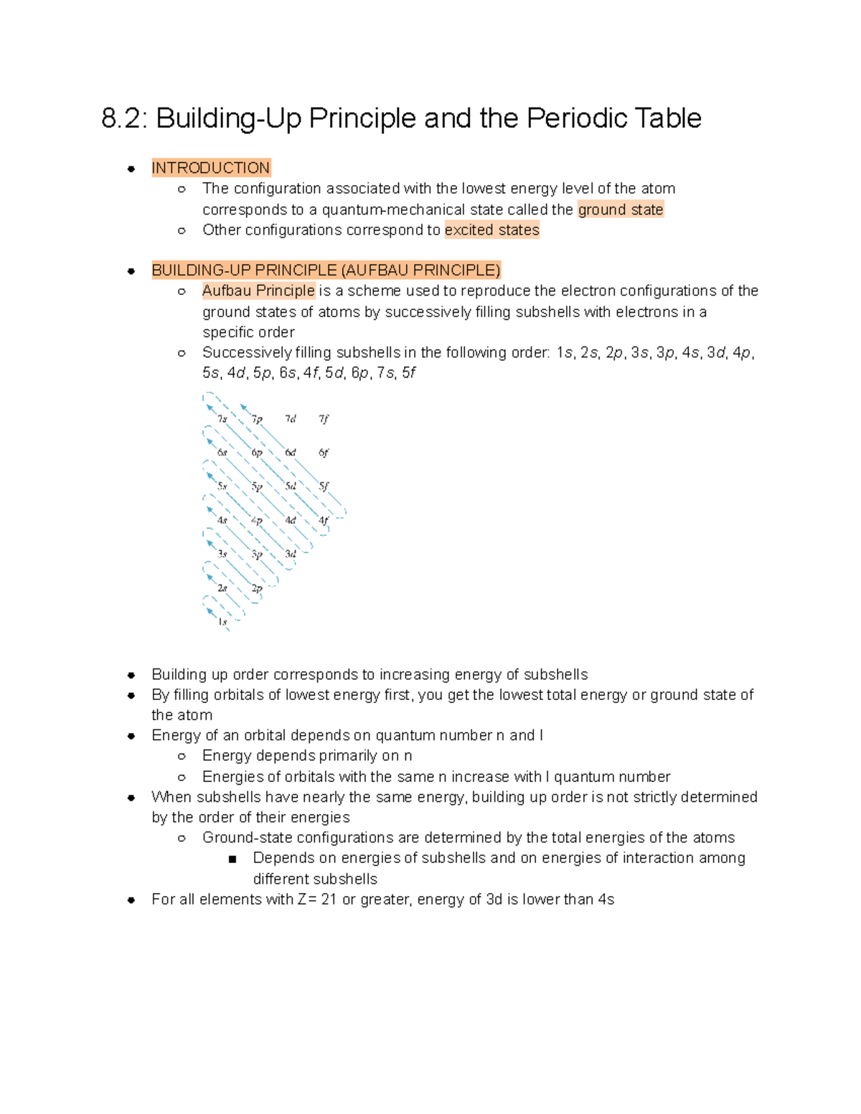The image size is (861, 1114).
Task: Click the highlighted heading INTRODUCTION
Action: (210, 168)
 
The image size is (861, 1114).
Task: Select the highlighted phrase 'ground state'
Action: (621, 209)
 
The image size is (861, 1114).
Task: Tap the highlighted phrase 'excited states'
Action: (491, 230)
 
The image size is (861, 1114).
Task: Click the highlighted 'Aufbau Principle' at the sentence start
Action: (258, 291)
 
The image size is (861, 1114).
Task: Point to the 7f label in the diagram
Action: (324, 419)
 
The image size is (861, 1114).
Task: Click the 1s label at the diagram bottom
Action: (222, 622)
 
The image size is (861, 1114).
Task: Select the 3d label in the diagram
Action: (290, 554)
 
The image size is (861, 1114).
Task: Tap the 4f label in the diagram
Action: (324, 520)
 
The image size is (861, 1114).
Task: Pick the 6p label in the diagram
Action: (256, 453)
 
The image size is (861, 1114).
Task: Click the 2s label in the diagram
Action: (222, 588)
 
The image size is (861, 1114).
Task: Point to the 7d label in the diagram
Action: (290, 419)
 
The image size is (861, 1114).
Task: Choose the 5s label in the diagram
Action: (222, 486)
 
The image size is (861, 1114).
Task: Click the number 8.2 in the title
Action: (123, 118)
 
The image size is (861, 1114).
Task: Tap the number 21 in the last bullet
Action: (329, 900)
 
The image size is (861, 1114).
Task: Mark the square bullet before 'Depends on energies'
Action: (232, 859)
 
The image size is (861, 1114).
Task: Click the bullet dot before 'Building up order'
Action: (131, 675)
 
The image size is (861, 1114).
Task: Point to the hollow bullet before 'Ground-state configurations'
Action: (182, 838)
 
